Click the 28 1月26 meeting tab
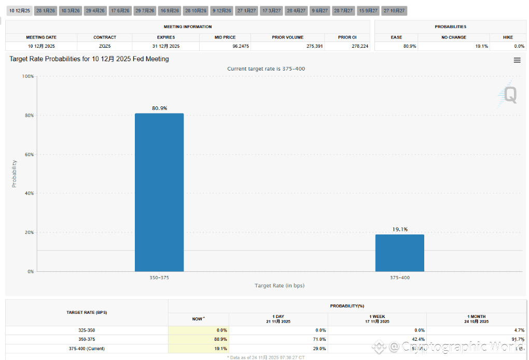pos(46,11)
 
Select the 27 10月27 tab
pos(394,11)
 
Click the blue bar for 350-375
pos(159,192)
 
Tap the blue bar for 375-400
pos(399,253)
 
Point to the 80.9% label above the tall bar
pos(159,108)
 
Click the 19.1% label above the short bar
pos(399,229)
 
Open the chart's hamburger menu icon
pos(517,60)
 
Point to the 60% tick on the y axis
pos(29,155)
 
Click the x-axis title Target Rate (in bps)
pos(279,286)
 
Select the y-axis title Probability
pos(15,174)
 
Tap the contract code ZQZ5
pos(105,46)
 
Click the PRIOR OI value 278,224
pos(359,46)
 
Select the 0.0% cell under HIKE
pos(519,46)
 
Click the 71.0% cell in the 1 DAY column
pos(319,339)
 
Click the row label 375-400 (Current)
pos(87,349)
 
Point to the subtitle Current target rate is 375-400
pos(262,68)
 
